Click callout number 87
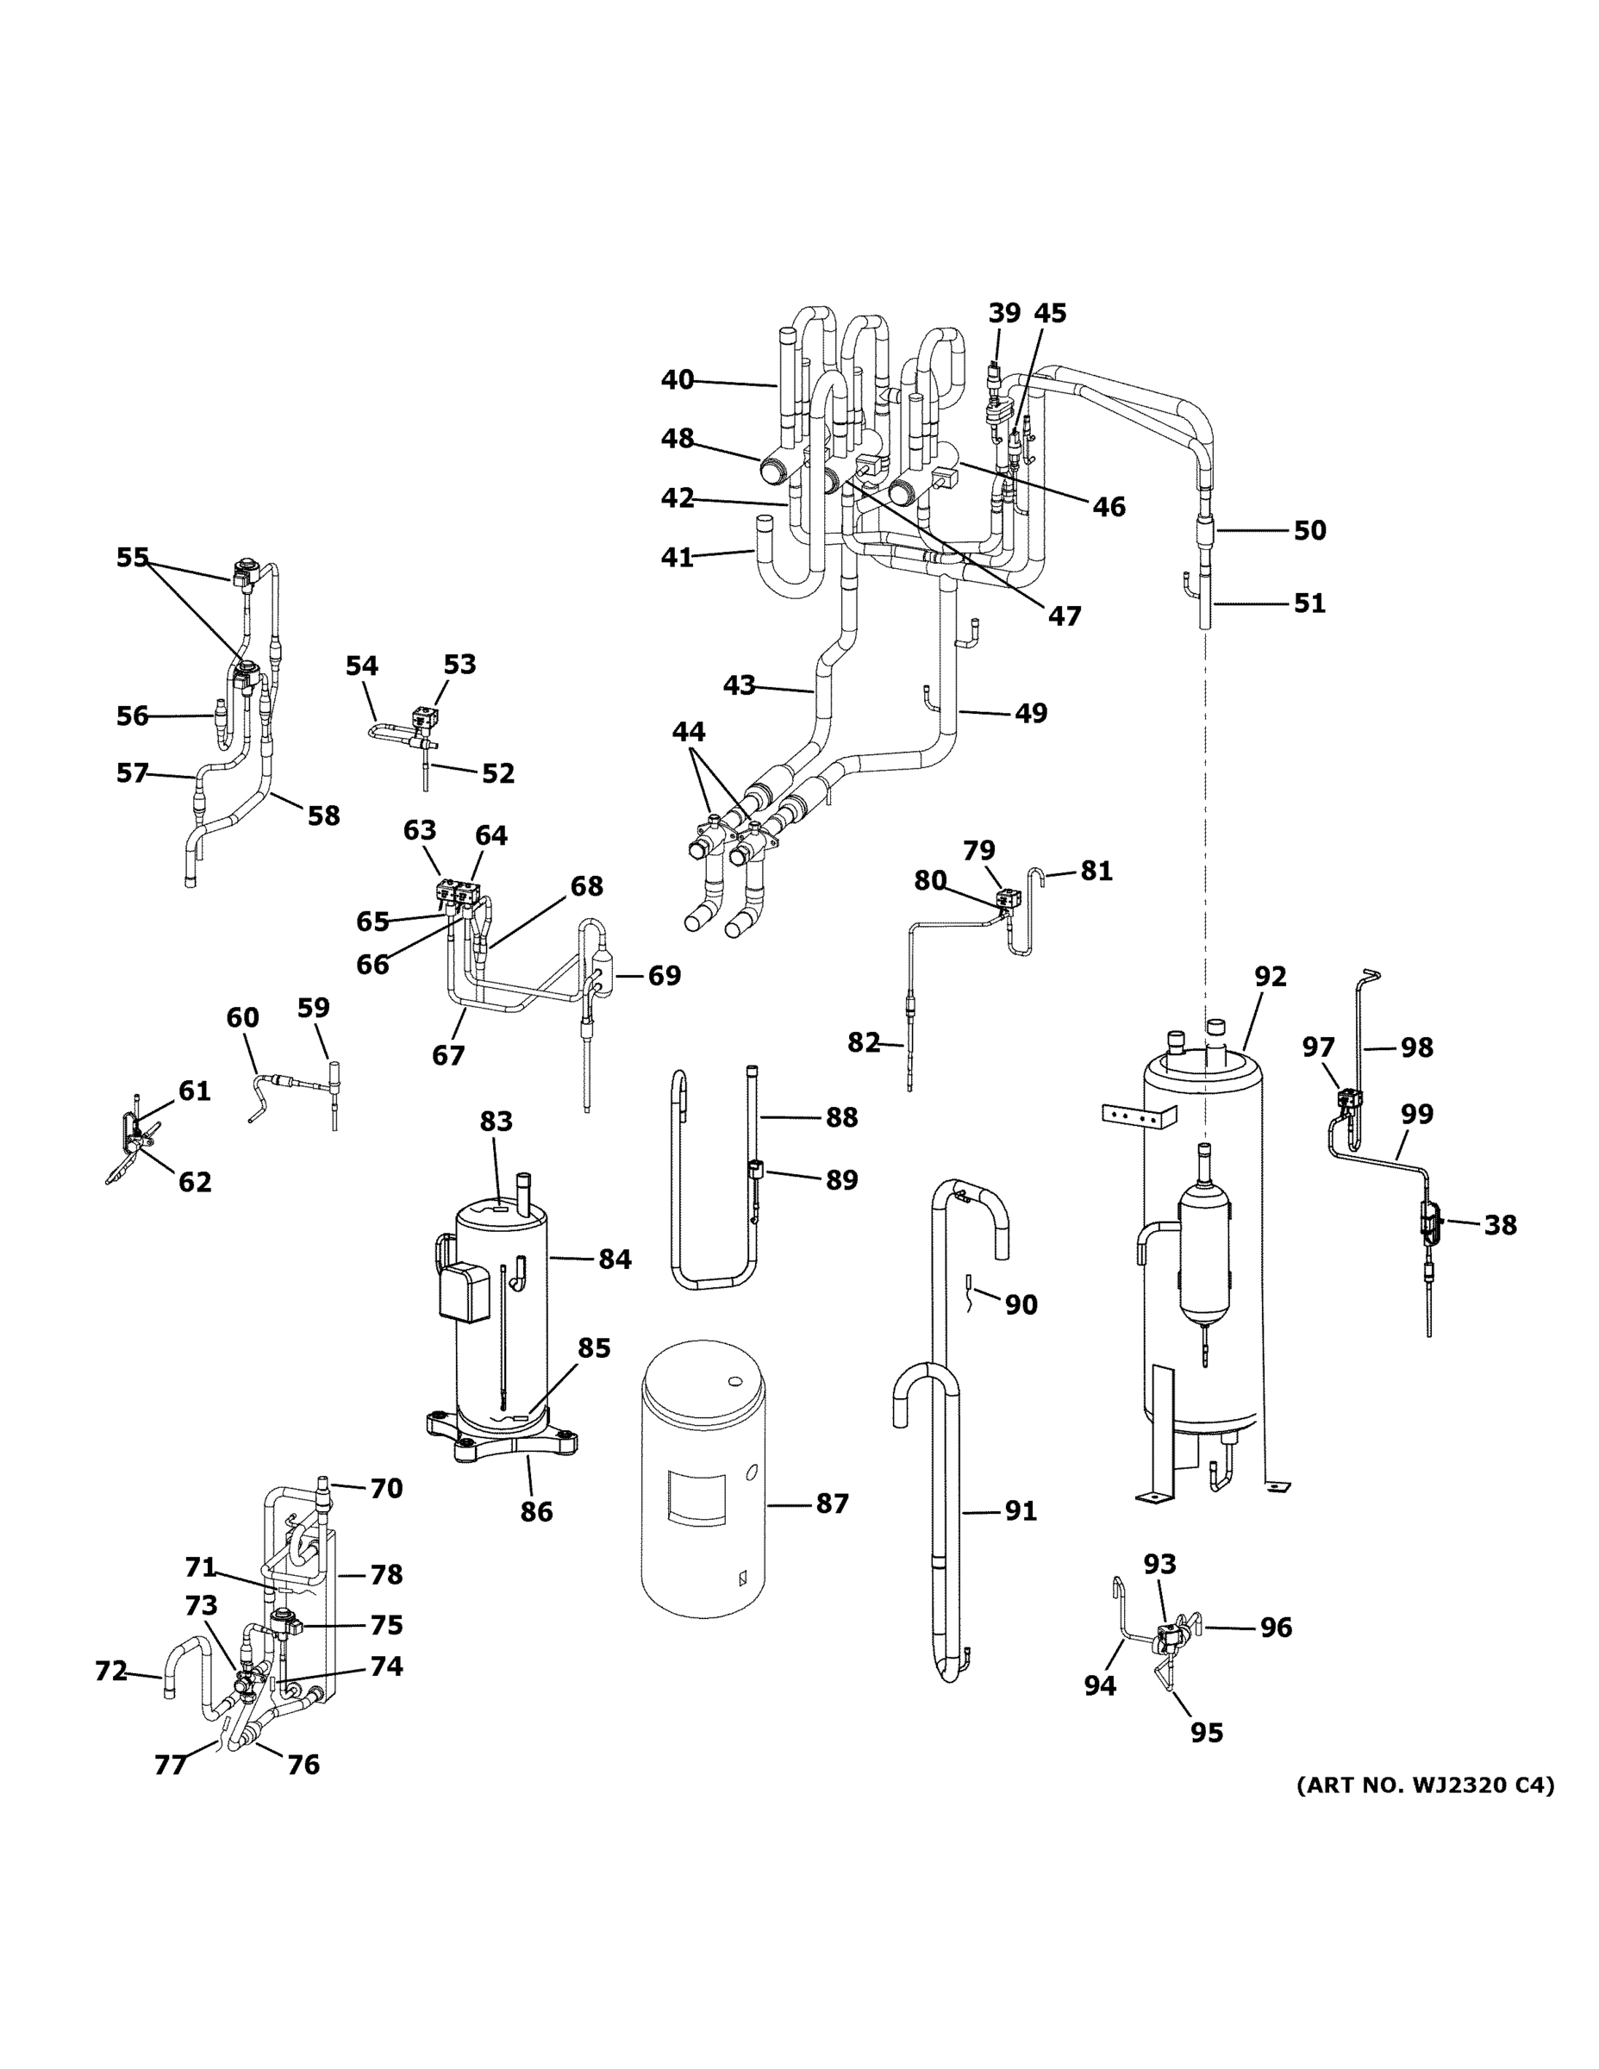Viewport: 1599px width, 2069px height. [x=832, y=1503]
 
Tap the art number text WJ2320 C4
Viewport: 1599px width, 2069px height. [x=1425, y=1785]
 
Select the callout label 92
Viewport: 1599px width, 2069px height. [x=1271, y=977]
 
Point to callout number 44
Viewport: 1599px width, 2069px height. [x=689, y=731]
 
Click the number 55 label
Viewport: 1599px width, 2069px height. [x=133, y=557]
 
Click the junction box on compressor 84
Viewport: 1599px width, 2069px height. [x=464, y=1291]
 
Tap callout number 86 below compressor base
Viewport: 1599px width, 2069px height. [x=536, y=1511]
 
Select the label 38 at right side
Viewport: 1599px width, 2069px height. [x=1500, y=1225]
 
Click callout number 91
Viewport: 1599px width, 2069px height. [x=1021, y=1511]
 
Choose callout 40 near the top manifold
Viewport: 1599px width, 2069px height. [x=678, y=380]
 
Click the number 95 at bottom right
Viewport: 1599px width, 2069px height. [x=1207, y=1732]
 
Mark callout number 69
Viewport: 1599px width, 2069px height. [x=664, y=975]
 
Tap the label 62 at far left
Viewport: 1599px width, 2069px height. [x=195, y=1181]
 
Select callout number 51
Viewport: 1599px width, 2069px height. [x=1309, y=603]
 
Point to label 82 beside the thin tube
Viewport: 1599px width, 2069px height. [x=863, y=1043]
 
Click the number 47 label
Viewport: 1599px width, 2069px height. [x=1064, y=616]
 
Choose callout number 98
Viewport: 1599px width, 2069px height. [x=1416, y=1047]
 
